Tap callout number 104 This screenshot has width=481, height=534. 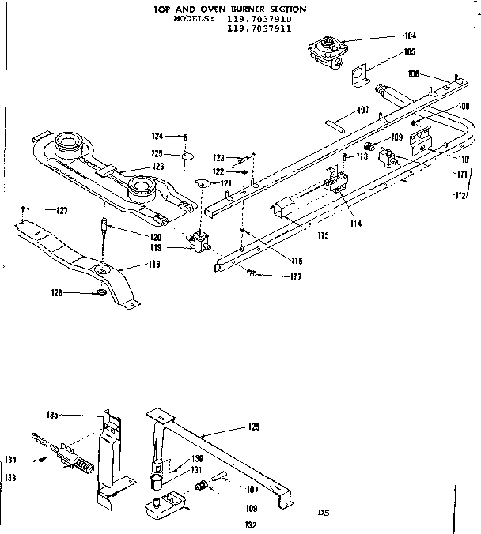[x=409, y=36]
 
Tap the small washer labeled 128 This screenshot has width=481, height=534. [x=99, y=294]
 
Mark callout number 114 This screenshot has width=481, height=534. [x=357, y=224]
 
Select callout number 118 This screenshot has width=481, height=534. [x=152, y=265]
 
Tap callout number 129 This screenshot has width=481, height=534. [x=253, y=427]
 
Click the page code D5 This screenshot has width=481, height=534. [x=323, y=513]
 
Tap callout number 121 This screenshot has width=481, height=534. [x=226, y=183]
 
